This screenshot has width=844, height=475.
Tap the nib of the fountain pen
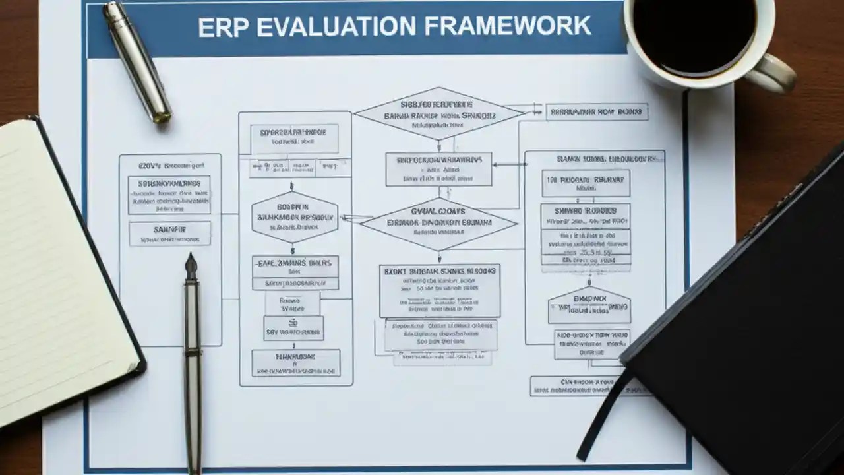191,266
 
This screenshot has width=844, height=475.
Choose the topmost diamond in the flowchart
439,113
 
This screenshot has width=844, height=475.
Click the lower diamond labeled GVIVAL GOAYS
438,223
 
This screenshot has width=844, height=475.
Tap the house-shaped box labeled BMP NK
589,305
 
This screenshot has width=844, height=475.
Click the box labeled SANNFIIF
169,233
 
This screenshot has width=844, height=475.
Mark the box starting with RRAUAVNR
597,112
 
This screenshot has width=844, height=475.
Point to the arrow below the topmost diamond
439,146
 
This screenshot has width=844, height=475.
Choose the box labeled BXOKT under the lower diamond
439,290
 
